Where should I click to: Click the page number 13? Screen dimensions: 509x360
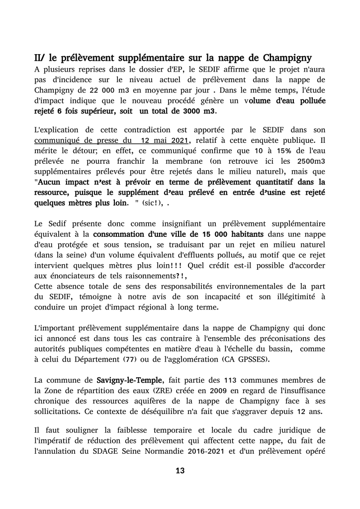180,471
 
